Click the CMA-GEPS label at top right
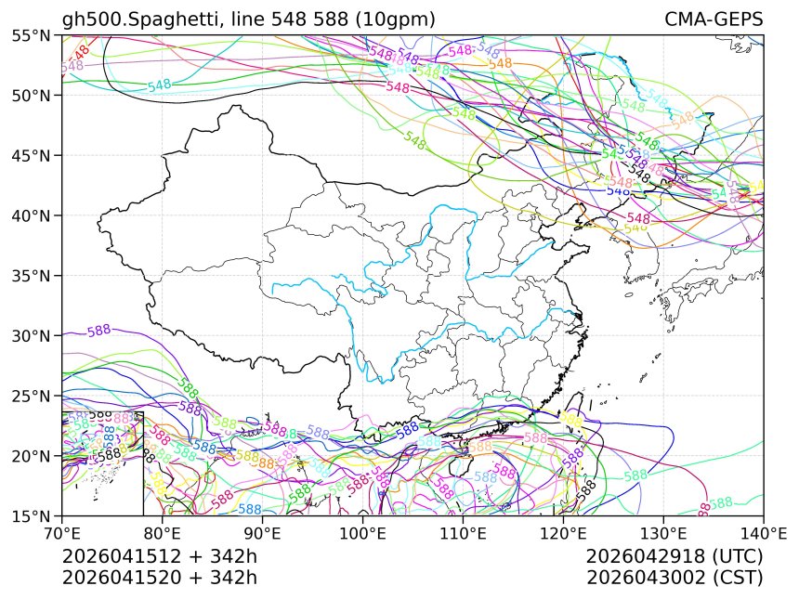pyautogui.click(x=714, y=20)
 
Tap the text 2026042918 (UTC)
pyautogui.click(x=675, y=557)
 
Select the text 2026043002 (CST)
pyautogui.click(x=675, y=578)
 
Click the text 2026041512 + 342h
pyautogui.click(x=159, y=557)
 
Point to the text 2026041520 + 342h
pyautogui.click(x=159, y=578)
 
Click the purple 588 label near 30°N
pyautogui.click(x=98, y=331)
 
